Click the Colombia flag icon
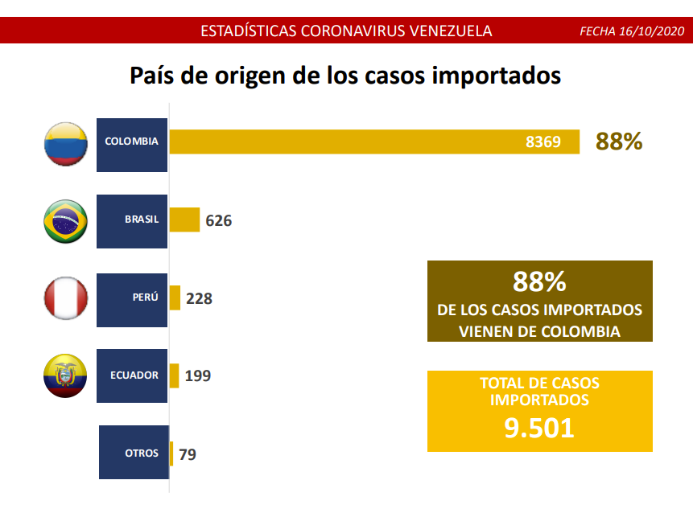point(65,145)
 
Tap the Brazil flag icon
point(65,221)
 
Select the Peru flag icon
point(65,298)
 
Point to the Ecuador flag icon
point(65,375)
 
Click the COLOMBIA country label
point(131,142)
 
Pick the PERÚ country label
point(145,297)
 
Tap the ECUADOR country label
point(134,375)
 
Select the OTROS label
point(142,453)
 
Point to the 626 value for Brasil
point(219,220)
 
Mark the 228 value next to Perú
point(199,298)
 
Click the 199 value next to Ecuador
point(198,375)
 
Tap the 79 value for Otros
point(188,454)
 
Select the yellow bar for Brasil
point(184,220)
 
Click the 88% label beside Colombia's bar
point(619,142)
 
